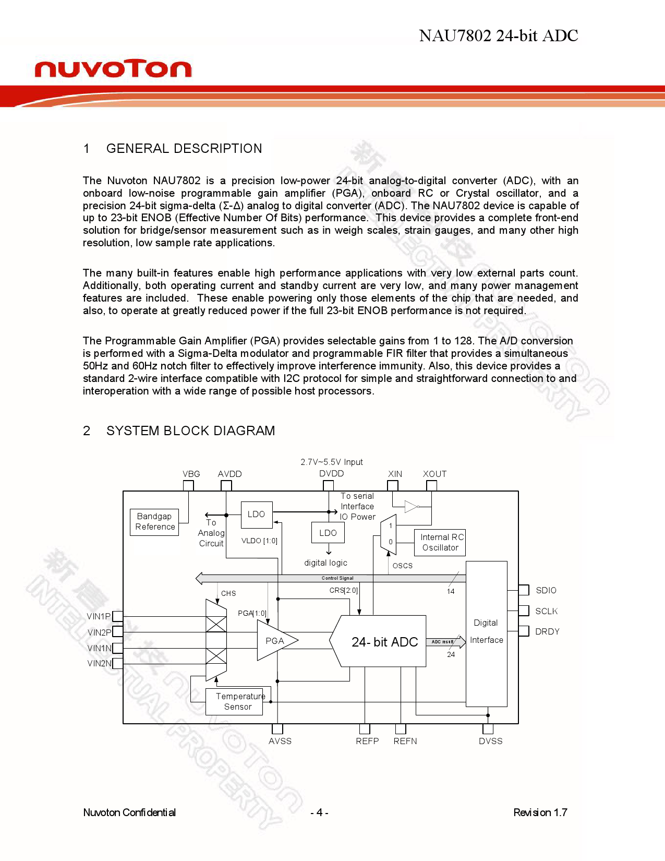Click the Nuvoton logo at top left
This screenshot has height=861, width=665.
point(113,68)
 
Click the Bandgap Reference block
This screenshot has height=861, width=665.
point(154,522)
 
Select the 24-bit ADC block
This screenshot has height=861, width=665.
point(384,641)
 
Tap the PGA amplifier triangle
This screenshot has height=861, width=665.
point(274,641)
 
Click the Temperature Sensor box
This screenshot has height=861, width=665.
point(238,701)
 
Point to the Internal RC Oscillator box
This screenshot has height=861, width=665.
point(440,542)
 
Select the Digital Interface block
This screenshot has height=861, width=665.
point(486,633)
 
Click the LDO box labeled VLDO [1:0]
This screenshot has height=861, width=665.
point(256,515)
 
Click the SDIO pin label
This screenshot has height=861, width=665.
point(546,590)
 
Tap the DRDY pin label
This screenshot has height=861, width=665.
point(547,631)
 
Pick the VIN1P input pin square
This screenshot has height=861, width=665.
point(118,616)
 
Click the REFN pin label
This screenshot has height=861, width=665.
point(405,741)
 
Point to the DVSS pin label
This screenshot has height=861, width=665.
point(490,741)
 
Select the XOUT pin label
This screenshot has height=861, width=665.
point(434,474)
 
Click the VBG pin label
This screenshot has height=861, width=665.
point(191,474)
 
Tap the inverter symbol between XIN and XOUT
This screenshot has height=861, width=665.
point(411,506)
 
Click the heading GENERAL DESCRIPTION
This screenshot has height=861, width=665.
point(184,149)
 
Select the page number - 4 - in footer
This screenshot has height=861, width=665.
point(319,812)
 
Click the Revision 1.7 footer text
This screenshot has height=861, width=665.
point(540,812)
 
